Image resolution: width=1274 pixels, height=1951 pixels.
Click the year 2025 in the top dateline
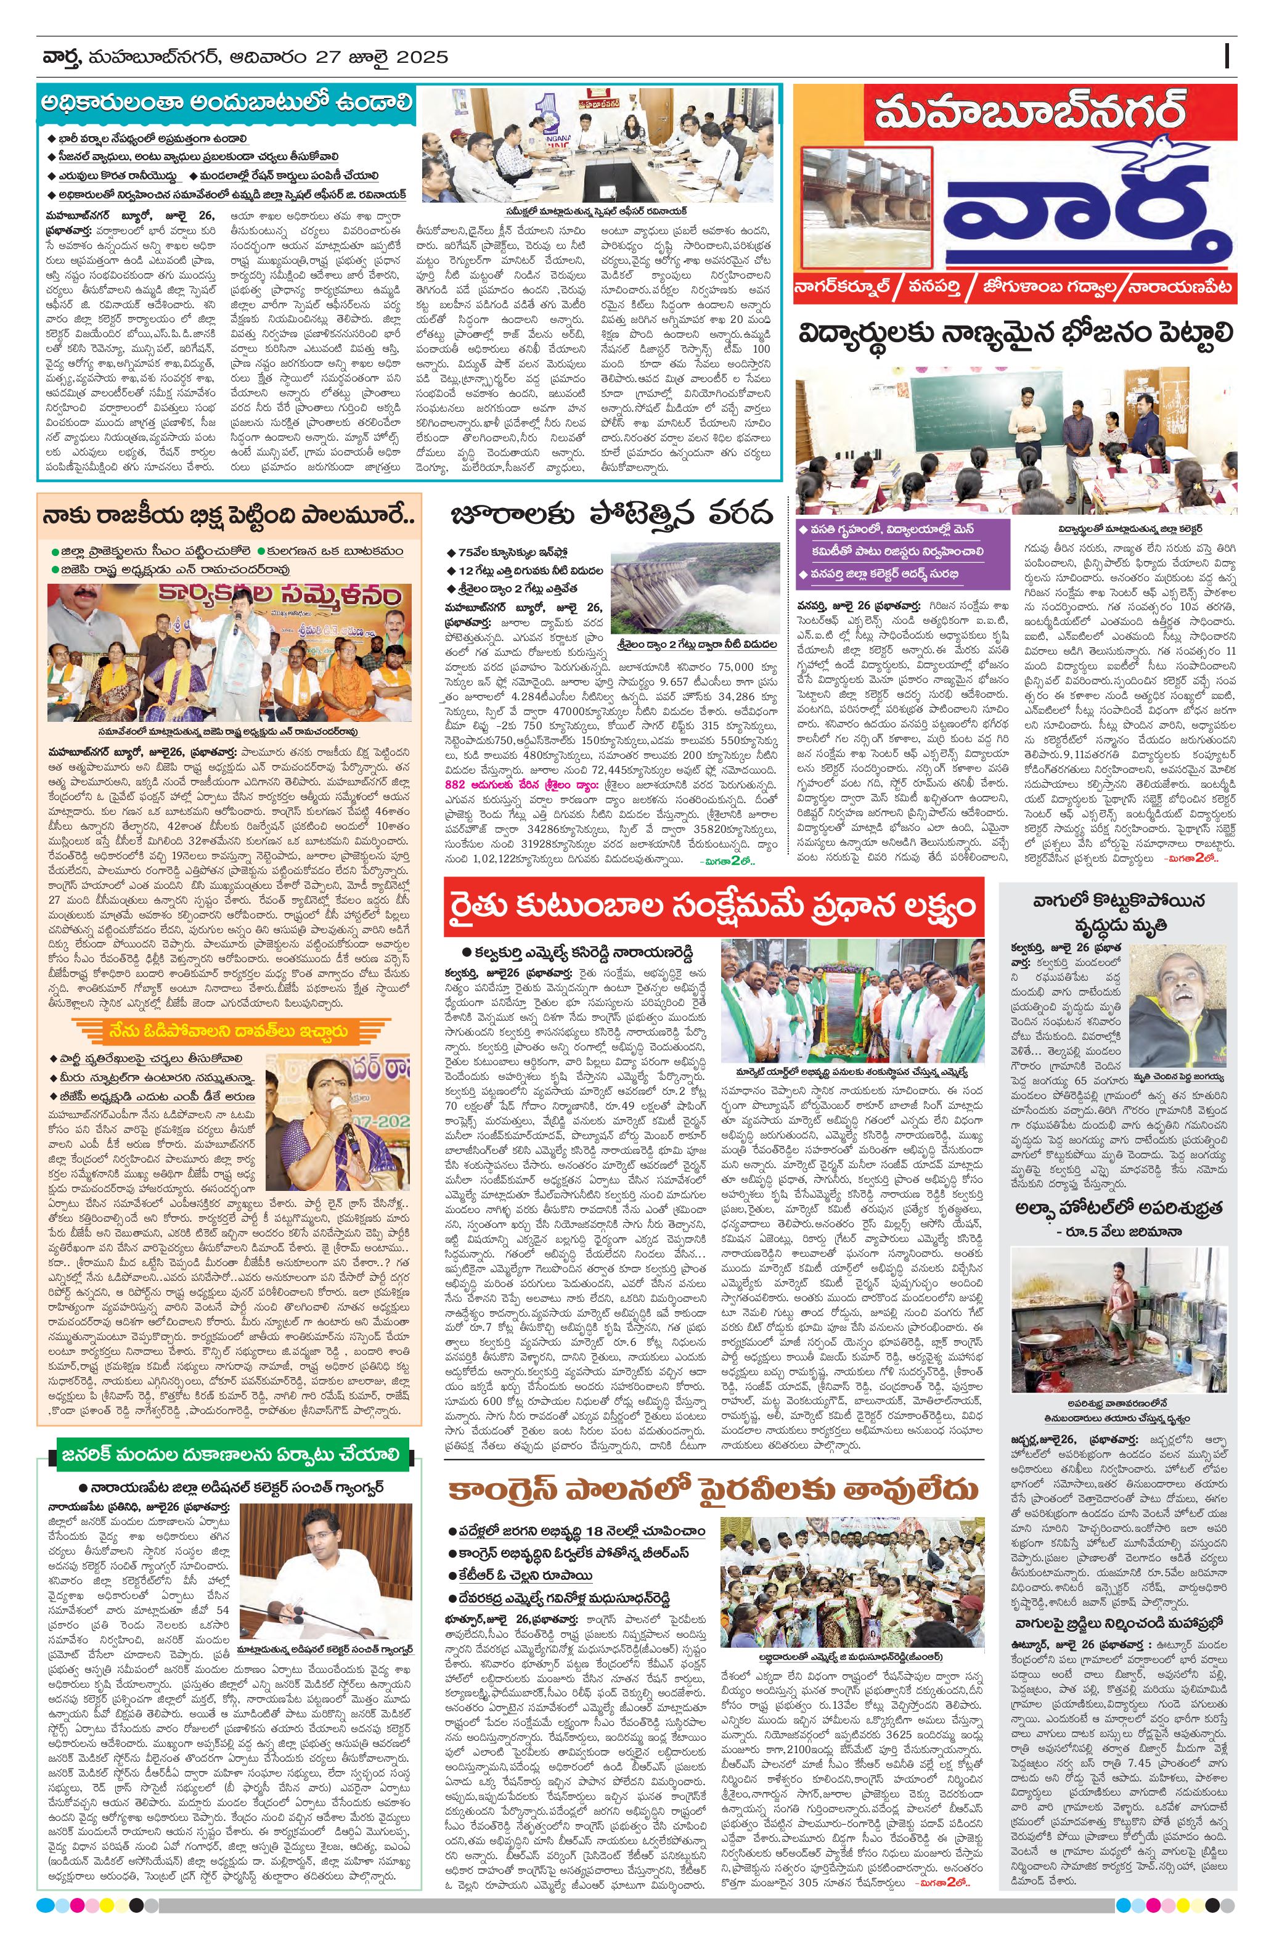click(422, 57)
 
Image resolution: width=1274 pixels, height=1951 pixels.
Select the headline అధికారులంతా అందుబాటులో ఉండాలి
click(229, 105)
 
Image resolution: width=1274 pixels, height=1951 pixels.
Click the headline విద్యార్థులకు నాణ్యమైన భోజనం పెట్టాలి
click(1016, 335)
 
